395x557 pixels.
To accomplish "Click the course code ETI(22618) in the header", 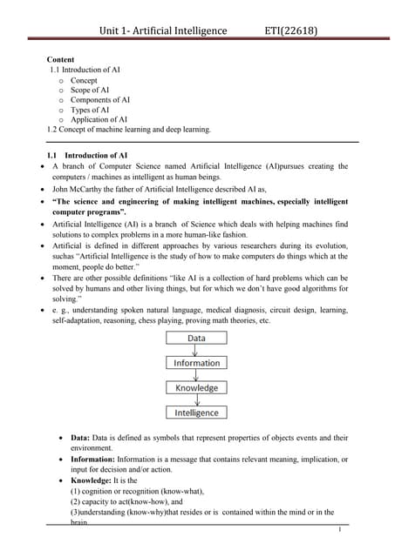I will tap(290, 32).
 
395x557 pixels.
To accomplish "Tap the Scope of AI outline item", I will tap(90, 91).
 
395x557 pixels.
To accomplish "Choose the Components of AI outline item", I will tap(100, 100).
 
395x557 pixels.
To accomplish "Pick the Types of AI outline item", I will tap(90, 110).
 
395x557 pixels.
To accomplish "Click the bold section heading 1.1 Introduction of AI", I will tap(89, 155).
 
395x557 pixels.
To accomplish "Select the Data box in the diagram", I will tap(196, 338).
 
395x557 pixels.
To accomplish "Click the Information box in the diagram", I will tap(196, 363).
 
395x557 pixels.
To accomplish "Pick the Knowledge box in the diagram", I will tap(196, 387).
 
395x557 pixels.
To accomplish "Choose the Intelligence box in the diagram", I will tap(196, 413).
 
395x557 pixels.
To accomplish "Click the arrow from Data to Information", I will tap(196, 350).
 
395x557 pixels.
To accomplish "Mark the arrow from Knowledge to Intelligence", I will tap(196, 400).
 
